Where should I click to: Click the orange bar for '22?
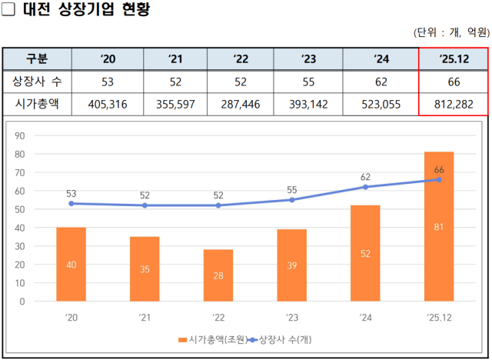coord(218,275)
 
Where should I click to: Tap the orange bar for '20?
coord(71,264)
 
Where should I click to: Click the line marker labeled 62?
coord(365,187)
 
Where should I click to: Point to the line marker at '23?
coord(291,200)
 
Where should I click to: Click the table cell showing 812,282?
coord(453,104)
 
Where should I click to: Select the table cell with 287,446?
coord(234,104)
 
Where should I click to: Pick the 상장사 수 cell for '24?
coord(381,82)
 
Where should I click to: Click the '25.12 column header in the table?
coord(453,59)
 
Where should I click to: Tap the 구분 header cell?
coord(37,59)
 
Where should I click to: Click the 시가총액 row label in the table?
coord(37,104)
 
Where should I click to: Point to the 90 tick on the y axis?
coord(21,135)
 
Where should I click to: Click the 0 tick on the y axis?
coord(23,302)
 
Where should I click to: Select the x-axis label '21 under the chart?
coord(145,317)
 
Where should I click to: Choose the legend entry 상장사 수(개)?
coord(285,338)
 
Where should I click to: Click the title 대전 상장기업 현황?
coord(85,11)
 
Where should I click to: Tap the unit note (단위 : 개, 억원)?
coord(450,32)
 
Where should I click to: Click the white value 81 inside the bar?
coord(439,227)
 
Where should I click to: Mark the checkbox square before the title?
coord(8,11)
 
